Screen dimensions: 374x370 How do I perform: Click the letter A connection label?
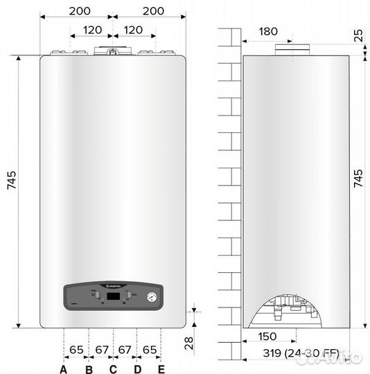[64, 369]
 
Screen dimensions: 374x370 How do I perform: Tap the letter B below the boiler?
[89, 369]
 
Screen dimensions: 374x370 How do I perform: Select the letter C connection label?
[113, 369]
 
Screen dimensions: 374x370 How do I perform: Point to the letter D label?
[137, 369]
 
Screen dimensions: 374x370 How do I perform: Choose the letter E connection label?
[161, 369]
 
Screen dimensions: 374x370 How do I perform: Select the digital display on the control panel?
[113, 296]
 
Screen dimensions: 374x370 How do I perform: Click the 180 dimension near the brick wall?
[270, 31]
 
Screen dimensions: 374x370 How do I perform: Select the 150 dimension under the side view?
[267, 337]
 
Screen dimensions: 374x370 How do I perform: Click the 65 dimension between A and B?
[76, 350]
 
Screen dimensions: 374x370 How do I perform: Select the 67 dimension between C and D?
[125, 350]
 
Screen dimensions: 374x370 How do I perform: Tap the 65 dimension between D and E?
[150, 350]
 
